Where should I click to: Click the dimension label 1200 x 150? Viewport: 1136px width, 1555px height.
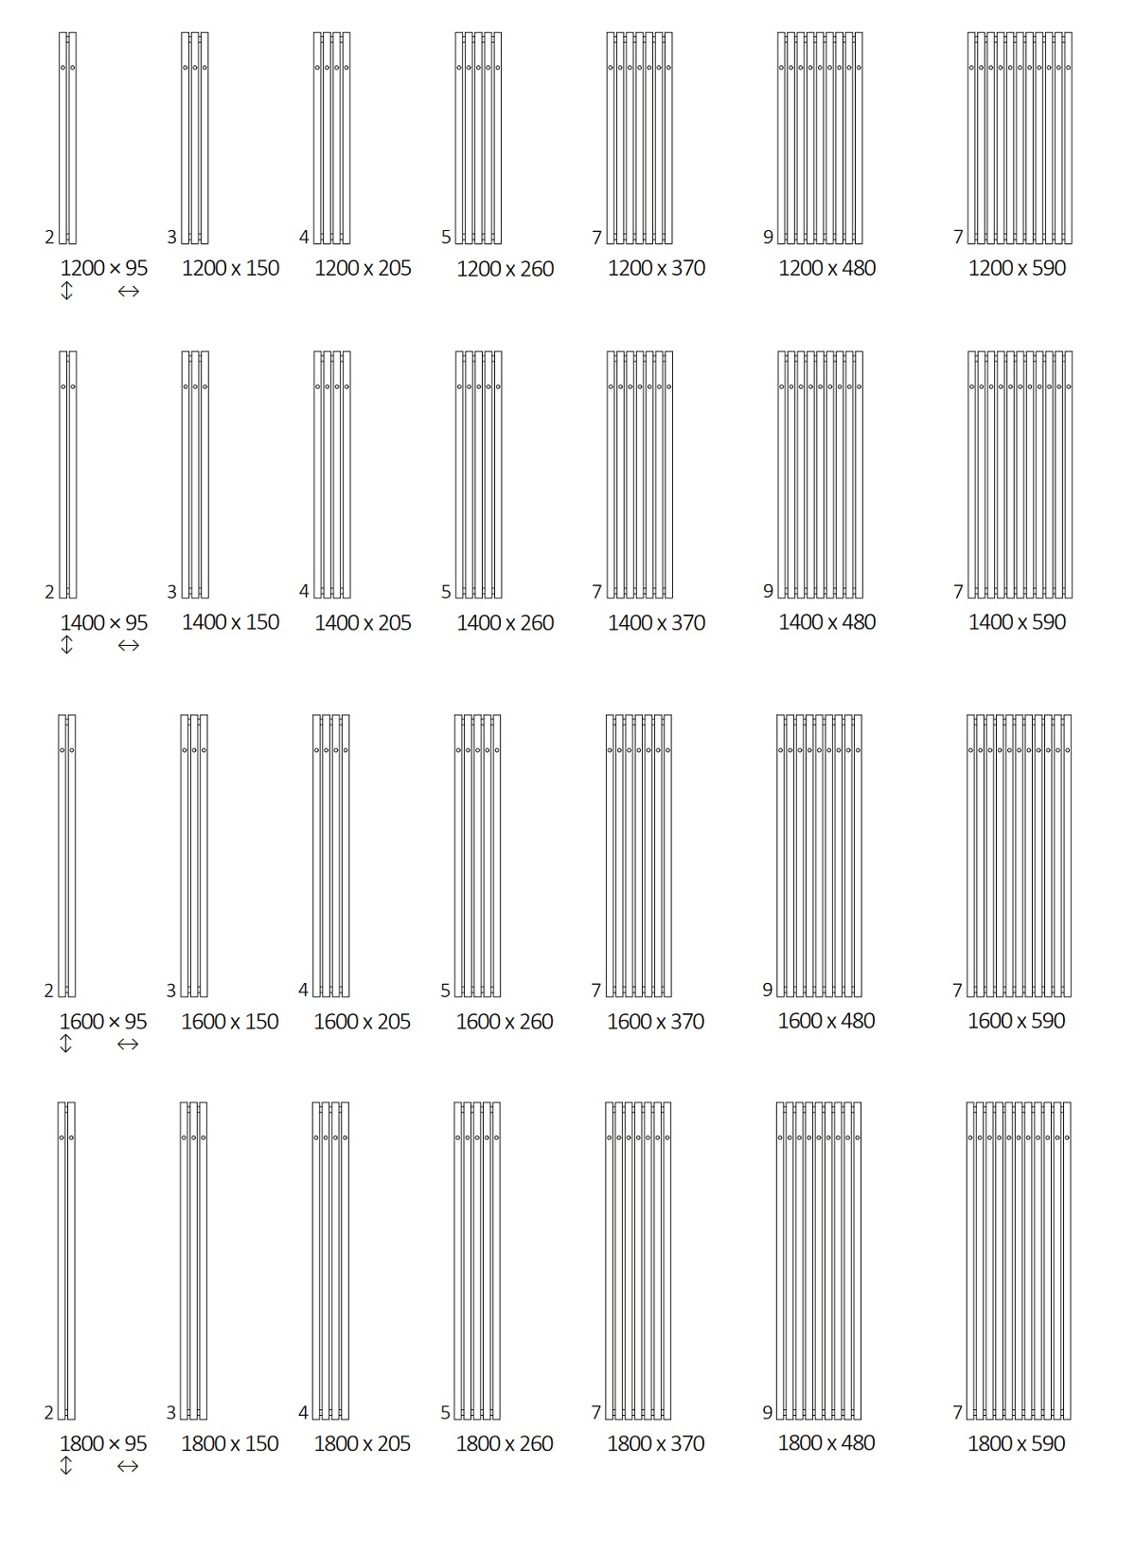230,268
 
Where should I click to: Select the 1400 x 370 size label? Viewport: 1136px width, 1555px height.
656,623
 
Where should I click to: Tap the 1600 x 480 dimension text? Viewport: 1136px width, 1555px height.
825,1021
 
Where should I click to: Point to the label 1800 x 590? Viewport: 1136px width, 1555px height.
1016,1443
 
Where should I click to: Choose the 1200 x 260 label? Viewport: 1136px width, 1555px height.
506,269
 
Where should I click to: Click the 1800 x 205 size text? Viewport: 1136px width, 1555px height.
363,1443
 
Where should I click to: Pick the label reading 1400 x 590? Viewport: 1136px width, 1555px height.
1017,622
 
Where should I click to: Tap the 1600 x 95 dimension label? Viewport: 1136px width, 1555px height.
103,1021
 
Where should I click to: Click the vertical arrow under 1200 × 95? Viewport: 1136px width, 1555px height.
66,291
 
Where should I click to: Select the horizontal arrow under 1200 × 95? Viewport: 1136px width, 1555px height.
129,292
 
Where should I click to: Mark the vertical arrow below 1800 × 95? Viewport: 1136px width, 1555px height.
66,1465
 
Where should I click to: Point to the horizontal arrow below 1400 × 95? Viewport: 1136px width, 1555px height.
129,646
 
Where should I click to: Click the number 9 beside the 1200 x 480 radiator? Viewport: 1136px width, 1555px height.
768,238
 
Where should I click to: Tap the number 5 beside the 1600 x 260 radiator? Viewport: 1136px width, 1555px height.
446,991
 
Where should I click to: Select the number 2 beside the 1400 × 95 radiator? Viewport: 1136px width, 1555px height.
49,592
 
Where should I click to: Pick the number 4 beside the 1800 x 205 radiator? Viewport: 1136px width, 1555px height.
303,1413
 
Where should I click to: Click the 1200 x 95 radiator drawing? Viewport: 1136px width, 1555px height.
68,138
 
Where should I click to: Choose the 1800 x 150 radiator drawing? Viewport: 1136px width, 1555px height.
194,1260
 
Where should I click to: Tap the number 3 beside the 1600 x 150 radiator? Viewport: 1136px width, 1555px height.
171,991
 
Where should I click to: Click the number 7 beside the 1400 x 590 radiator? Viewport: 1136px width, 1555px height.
958,592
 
